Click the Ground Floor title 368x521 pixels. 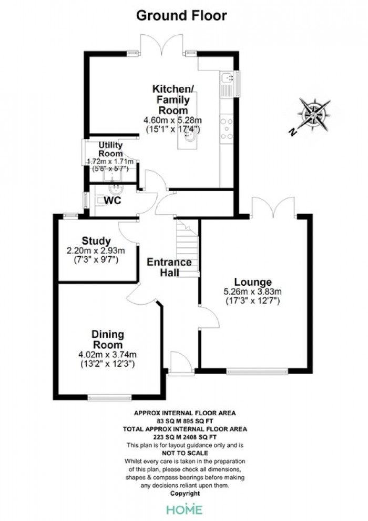pyautogui.click(x=181, y=16)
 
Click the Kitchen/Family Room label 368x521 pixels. pyautogui.click(x=170, y=99)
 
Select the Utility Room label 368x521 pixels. pyautogui.click(x=110, y=149)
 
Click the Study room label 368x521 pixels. pyautogui.click(x=96, y=241)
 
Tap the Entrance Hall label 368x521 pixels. pyautogui.click(x=169, y=267)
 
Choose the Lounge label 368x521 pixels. pyautogui.click(x=253, y=282)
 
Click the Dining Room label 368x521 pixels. pyautogui.click(x=107, y=339)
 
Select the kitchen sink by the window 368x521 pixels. pyautogui.click(x=228, y=79)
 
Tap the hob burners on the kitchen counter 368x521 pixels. pyautogui.click(x=227, y=129)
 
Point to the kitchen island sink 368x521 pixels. pyautogui.click(x=189, y=138)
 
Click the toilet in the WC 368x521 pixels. pyautogui.click(x=100, y=200)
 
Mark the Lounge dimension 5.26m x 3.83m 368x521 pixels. pyautogui.click(x=253, y=292)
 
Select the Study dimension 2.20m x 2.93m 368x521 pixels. pyautogui.click(x=96, y=251)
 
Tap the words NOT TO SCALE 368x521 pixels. pyautogui.click(x=184, y=453)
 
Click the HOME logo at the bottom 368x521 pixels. pyautogui.click(x=184, y=509)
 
